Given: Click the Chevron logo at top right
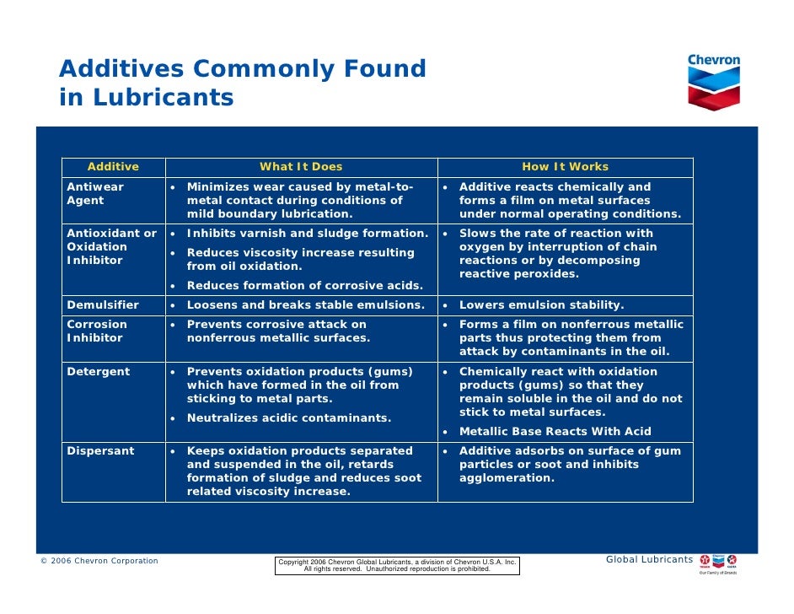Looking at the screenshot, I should [713, 83].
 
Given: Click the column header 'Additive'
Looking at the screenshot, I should [113, 167].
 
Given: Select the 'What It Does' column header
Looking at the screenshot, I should [301, 167].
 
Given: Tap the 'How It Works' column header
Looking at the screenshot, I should [565, 167].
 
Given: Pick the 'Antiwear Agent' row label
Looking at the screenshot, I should [95, 194].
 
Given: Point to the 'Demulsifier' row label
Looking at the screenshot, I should [103, 305].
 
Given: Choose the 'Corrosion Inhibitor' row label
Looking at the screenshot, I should [97, 331].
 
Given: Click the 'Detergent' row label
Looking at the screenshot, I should [99, 372].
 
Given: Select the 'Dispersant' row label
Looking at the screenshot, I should [100, 451].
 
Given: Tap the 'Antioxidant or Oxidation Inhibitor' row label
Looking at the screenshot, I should [111, 247].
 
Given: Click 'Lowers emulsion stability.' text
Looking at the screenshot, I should [541, 305].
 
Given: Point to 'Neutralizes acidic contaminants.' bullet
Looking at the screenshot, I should [288, 418].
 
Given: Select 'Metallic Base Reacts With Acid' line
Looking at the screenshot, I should [555, 432].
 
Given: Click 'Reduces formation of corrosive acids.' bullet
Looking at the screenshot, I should [304, 286].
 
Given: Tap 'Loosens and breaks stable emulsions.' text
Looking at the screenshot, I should [305, 305].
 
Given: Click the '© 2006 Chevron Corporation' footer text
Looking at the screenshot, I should [99, 561].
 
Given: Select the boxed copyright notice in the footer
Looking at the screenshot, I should [397, 565].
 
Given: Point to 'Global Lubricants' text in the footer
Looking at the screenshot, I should [649, 560].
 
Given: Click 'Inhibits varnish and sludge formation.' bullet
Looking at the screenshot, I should [307, 234].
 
